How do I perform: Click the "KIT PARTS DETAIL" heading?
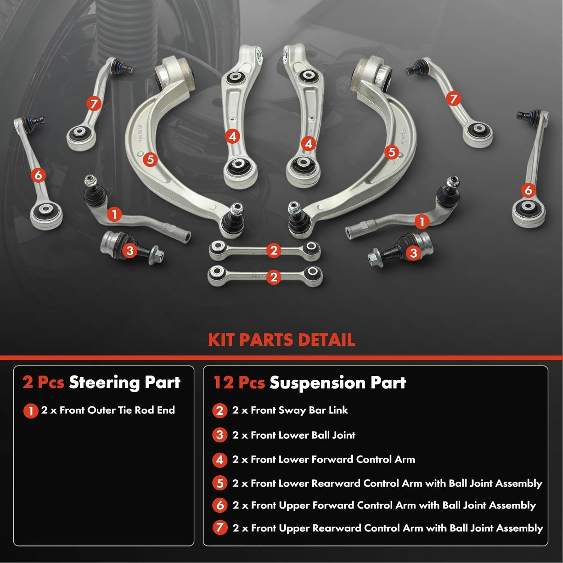[281, 340]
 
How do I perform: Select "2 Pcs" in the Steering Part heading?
[43, 382]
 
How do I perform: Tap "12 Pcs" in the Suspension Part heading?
[239, 382]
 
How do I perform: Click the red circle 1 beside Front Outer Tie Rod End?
[30, 411]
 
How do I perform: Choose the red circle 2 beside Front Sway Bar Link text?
[220, 411]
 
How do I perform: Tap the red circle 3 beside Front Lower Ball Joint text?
[220, 435]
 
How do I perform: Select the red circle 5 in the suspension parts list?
[220, 483]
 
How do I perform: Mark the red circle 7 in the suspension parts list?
[220, 528]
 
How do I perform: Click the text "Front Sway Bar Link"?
[299, 410]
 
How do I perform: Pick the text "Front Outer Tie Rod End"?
[117, 410]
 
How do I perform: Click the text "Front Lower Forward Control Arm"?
[333, 459]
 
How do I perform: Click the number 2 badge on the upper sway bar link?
[274, 250]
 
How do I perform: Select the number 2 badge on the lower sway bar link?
[274, 277]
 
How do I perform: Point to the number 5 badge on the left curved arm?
[150, 160]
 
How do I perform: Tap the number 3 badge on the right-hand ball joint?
[413, 253]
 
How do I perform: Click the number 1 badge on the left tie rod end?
[114, 215]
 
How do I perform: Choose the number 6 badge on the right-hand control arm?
[528, 190]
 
